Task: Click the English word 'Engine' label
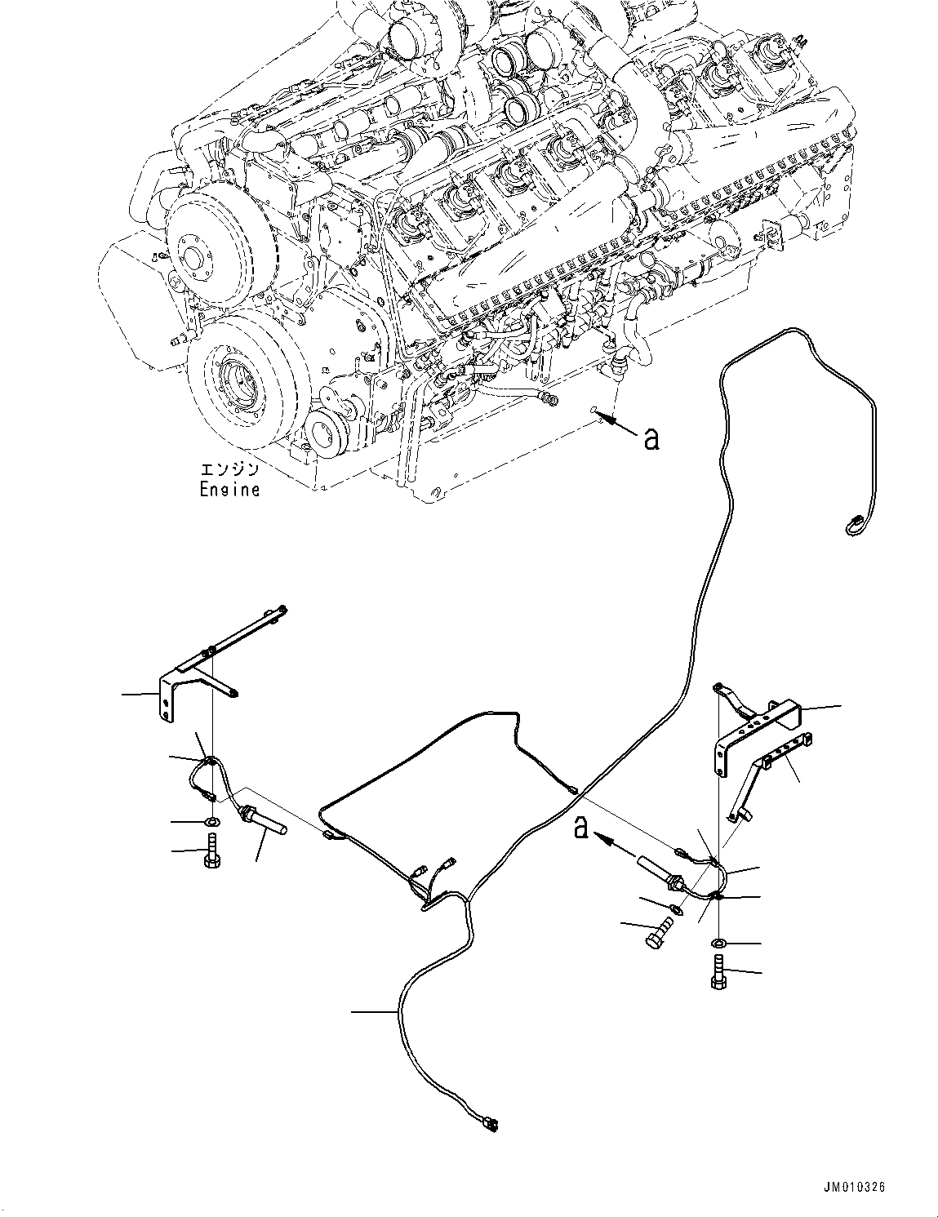click(x=230, y=490)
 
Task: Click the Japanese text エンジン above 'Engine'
click(x=230, y=471)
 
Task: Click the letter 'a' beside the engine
click(x=651, y=438)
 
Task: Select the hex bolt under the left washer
click(x=211, y=851)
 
